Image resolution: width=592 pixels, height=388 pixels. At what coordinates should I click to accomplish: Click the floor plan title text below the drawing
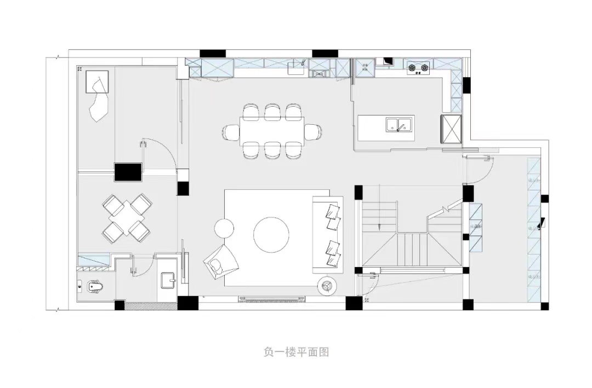point(296,352)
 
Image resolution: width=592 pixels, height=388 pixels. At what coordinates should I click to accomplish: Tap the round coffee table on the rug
point(271,235)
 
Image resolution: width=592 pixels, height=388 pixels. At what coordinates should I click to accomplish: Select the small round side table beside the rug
point(224,227)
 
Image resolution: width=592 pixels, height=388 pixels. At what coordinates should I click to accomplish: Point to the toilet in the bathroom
point(93,286)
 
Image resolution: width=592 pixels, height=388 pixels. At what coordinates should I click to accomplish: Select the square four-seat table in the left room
point(126,219)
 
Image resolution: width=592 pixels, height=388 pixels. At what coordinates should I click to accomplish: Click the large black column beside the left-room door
point(128,172)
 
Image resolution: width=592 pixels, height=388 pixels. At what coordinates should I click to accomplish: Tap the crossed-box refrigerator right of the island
point(451,129)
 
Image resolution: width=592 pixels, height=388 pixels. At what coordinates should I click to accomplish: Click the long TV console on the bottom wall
point(271,298)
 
